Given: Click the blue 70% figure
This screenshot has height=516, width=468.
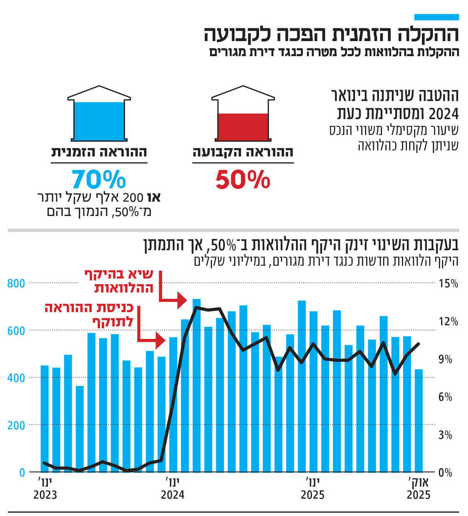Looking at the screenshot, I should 99,180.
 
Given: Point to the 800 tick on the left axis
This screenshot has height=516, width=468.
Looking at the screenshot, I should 16,284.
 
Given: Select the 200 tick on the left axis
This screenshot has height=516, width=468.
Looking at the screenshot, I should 16,425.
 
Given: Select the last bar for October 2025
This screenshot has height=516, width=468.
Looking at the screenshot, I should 419,420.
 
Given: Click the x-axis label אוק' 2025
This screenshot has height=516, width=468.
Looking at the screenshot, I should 419,489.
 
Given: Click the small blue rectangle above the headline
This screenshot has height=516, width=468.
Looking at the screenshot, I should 436,17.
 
